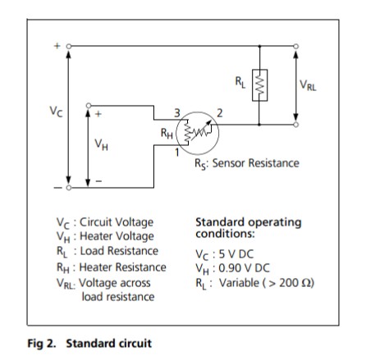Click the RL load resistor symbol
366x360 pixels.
tap(259, 85)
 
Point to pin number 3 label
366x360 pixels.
tap(177, 113)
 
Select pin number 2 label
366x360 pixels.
tap(220, 113)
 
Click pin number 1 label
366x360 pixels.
tap(177, 153)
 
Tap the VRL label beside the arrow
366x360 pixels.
tap(308, 85)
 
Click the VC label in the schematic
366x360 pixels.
tap(56, 112)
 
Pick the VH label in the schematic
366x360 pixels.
tap(101, 144)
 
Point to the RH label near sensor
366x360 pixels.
tap(167, 134)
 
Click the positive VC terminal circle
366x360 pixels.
tap(69, 47)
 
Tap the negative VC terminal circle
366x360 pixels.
tap(69, 188)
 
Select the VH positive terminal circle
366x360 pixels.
tap(89, 106)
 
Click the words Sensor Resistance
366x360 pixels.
tap(256, 163)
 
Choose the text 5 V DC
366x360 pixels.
tap(236, 254)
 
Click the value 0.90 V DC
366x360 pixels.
tap(244, 268)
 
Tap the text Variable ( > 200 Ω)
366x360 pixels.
tap(267, 283)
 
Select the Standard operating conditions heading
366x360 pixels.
tap(249, 228)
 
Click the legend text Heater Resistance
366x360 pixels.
tap(122, 267)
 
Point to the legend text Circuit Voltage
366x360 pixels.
tap(117, 222)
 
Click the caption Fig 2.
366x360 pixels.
tap(42, 344)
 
